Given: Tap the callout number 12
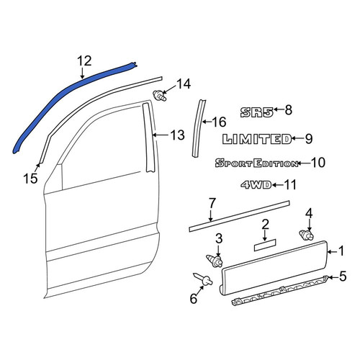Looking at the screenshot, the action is pos(84,61).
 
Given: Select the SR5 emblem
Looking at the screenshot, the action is pos(257,112).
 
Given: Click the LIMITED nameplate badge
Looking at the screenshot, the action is pos(257,139).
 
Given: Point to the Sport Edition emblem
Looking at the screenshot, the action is pos(257,163).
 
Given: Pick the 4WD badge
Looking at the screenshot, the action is pos(256,185).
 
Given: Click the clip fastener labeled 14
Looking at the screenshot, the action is pos(160,95).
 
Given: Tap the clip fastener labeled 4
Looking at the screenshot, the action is pos(307,235).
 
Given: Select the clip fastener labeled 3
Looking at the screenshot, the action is pos(215,261).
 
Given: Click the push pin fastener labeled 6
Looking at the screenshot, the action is pos(203,279).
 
